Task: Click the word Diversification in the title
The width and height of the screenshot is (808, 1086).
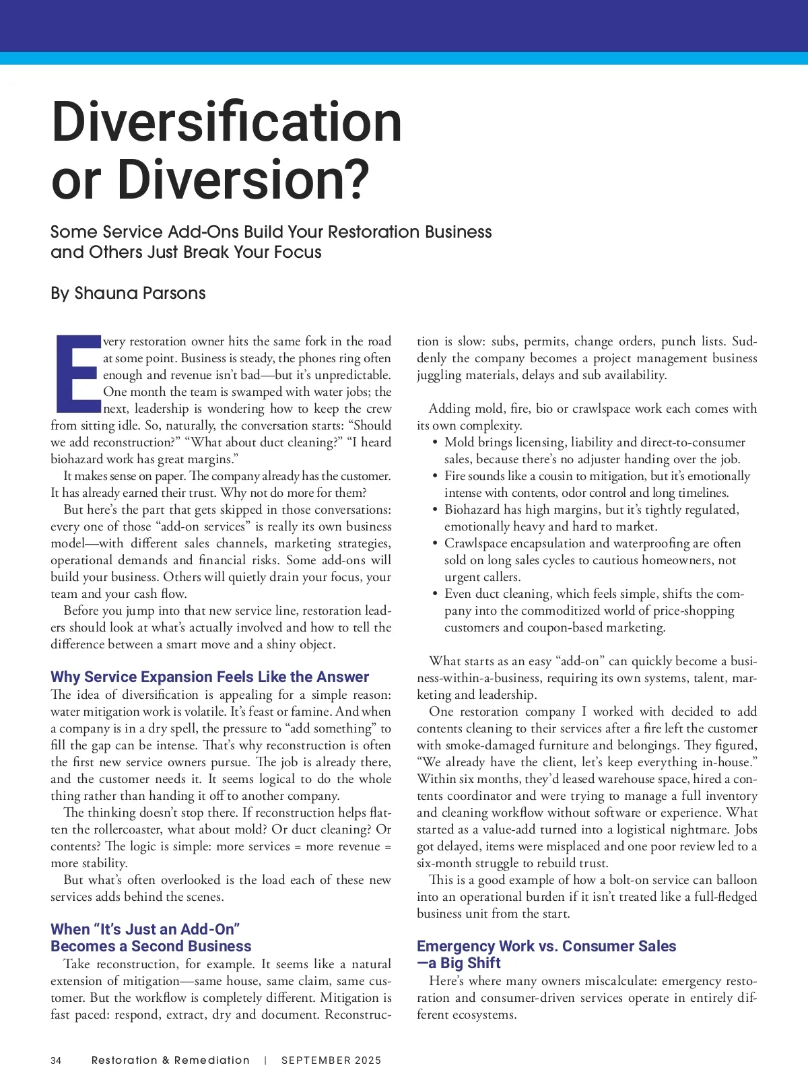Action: (x=226, y=122)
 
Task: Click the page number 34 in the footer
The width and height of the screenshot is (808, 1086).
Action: (x=56, y=1060)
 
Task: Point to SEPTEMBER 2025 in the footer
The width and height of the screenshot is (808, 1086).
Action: (x=331, y=1060)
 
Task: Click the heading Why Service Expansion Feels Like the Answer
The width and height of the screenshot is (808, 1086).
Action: (x=209, y=677)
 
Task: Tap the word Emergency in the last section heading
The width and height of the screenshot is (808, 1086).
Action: (x=456, y=946)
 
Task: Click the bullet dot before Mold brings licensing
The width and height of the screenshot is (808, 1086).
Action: (x=435, y=442)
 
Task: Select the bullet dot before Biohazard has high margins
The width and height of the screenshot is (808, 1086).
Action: (x=435, y=510)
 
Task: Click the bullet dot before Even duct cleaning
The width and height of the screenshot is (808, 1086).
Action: (x=435, y=594)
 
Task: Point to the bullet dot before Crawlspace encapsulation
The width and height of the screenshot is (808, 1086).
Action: (x=435, y=543)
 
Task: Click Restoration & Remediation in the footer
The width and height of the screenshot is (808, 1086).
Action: (x=170, y=1060)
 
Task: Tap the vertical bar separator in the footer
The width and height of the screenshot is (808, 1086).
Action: (x=266, y=1060)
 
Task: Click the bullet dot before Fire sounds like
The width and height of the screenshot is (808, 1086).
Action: (x=435, y=476)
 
